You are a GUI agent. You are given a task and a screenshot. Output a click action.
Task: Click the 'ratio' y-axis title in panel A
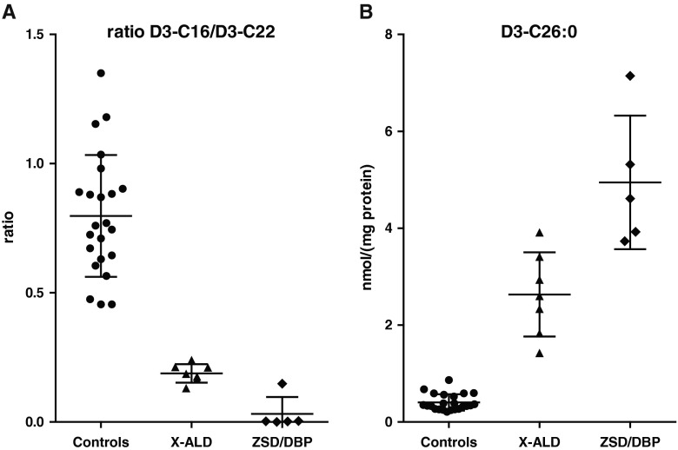coord(10,228)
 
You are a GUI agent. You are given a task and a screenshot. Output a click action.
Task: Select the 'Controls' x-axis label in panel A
coord(101,441)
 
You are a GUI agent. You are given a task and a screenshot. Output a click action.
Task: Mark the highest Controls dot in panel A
coord(101,74)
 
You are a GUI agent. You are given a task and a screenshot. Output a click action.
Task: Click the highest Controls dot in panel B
coord(449,381)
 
